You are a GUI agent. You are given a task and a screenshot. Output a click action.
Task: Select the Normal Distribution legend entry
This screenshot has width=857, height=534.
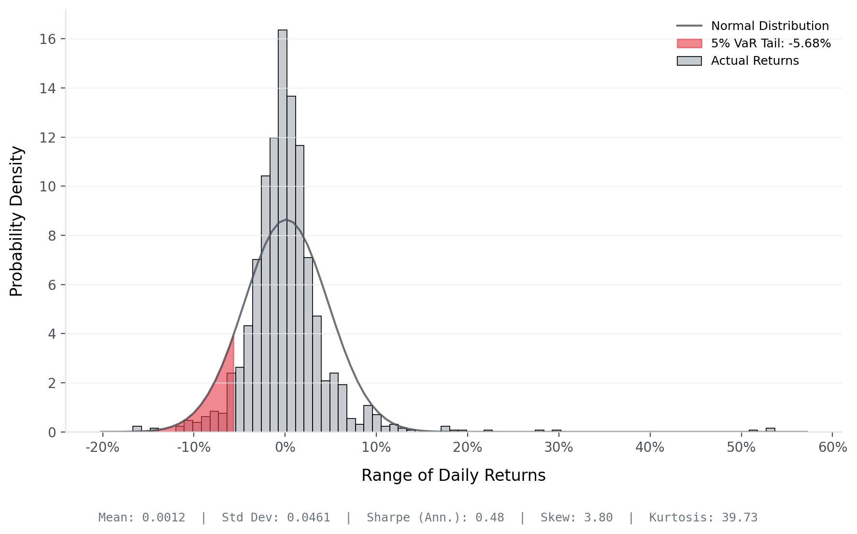(x=770, y=26)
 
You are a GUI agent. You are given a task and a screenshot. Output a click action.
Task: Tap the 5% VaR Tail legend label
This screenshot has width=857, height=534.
(x=771, y=43)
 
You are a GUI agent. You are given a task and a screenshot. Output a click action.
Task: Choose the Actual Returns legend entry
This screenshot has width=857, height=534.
(x=755, y=61)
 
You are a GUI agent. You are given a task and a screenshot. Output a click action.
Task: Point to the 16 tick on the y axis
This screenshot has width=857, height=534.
(x=47, y=39)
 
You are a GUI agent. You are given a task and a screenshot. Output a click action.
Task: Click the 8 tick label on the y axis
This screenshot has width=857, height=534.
(x=51, y=236)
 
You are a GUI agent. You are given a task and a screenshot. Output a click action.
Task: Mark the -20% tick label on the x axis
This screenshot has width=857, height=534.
(x=102, y=447)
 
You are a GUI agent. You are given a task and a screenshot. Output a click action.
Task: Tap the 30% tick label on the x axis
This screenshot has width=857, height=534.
(x=558, y=447)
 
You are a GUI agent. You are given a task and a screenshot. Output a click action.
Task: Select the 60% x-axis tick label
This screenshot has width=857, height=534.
(x=832, y=447)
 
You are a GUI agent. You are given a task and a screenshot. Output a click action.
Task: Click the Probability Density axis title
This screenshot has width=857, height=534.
(x=16, y=221)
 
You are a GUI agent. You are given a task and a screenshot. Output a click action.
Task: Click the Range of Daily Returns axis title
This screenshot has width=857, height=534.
(x=453, y=476)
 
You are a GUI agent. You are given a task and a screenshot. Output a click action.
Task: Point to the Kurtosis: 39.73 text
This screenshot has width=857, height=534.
(x=703, y=518)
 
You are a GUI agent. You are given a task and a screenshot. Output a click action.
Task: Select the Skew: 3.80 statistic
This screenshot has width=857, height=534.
(x=576, y=518)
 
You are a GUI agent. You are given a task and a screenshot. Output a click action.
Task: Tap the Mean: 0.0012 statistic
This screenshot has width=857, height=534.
(x=142, y=518)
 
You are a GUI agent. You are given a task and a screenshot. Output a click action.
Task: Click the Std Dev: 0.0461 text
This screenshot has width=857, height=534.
(x=276, y=518)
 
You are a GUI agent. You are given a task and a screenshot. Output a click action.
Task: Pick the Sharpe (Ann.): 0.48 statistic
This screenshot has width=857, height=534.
(x=435, y=518)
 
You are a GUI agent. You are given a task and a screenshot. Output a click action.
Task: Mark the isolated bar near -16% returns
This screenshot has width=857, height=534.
(x=137, y=429)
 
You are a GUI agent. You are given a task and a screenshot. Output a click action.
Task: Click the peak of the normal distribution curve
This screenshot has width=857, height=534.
(x=286, y=220)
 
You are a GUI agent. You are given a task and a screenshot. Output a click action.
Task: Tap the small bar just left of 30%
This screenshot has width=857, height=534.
(x=539, y=431)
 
